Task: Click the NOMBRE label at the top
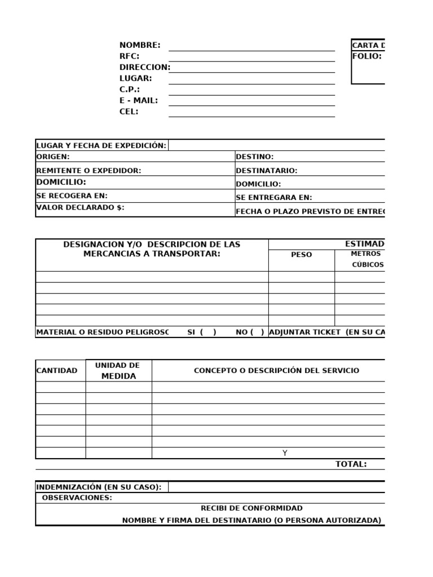140,45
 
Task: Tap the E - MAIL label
139,100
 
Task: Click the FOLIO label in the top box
367,56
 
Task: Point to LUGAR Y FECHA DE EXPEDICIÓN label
101,145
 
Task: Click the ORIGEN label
53,157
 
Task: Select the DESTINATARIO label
266,170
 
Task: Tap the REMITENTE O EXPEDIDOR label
89,170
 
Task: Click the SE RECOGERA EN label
72,196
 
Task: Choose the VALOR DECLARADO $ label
80,207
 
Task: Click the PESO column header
301,255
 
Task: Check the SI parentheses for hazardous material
207,332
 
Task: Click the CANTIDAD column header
57,371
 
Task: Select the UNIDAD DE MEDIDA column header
118,371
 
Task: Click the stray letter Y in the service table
285,453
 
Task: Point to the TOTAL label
351,464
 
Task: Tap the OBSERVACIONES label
77,498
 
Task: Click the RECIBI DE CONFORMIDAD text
251,508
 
